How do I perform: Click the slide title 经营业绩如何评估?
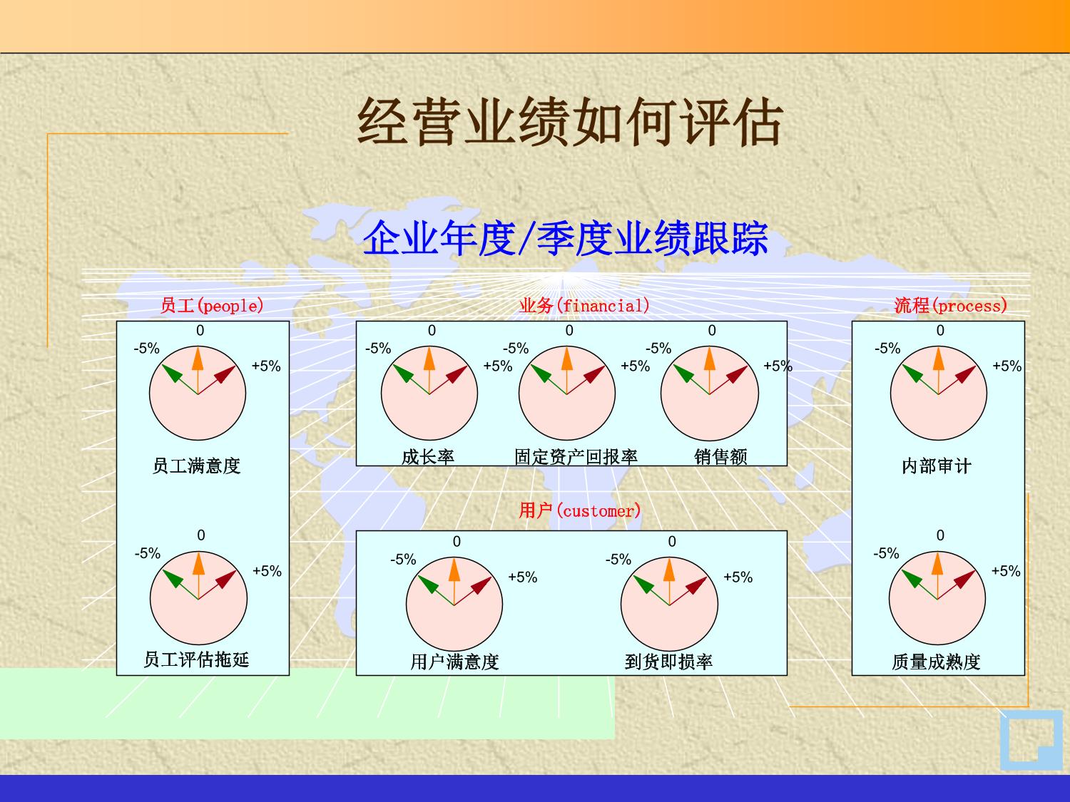[570, 122]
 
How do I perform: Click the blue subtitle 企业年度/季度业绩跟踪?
[566, 238]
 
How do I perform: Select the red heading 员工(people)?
[212, 306]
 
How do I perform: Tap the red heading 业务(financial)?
[584, 306]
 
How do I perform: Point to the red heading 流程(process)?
[951, 306]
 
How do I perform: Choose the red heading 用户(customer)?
[580, 511]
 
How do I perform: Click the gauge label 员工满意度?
[196, 466]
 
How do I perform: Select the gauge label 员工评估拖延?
[196, 659]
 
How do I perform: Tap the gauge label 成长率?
[428, 457]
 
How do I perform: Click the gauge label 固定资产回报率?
[576, 457]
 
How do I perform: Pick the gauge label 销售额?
[720, 457]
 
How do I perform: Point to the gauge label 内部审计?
[937, 466]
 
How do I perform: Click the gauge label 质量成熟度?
[936, 662]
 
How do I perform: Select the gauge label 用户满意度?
[454, 662]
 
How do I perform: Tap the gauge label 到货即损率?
[668, 662]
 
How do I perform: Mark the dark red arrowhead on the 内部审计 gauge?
[966, 374]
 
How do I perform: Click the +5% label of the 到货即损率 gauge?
[738, 577]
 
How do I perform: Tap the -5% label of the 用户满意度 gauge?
[403, 560]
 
